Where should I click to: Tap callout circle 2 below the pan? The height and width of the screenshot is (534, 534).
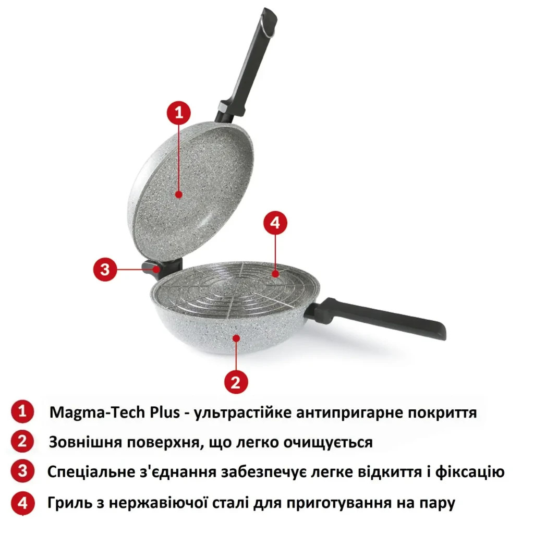[236, 382]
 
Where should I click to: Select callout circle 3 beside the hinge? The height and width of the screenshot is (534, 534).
[105, 270]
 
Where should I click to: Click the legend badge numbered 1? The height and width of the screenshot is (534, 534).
[22, 412]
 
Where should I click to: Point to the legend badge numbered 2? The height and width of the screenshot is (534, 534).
[22, 442]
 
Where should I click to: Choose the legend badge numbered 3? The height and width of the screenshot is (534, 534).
[22, 472]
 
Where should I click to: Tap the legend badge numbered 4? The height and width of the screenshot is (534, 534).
[22, 503]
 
